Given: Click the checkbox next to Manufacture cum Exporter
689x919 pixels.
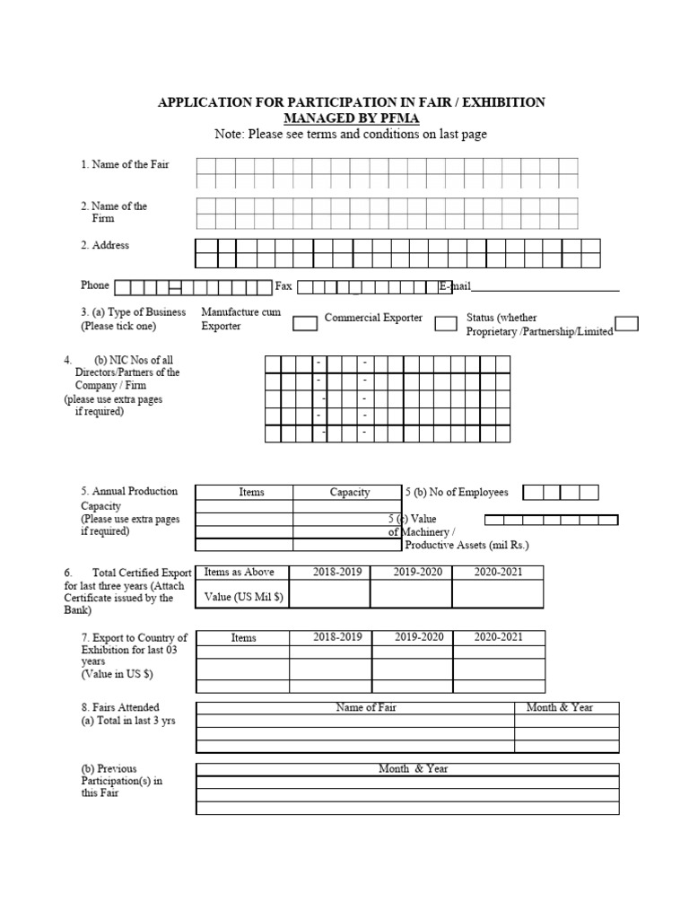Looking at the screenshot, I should click(305, 323).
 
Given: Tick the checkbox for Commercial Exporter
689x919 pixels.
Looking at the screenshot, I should click(446, 323).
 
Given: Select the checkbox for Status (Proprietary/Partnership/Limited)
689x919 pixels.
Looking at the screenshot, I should click(627, 323).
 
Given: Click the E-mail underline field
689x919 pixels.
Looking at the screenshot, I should click(545, 287).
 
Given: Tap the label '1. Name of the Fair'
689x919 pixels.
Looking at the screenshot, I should click(125, 165).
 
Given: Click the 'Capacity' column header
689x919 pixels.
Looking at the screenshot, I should click(350, 492).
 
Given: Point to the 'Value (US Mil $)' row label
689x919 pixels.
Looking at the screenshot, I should click(243, 598).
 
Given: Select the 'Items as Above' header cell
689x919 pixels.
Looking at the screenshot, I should click(240, 573).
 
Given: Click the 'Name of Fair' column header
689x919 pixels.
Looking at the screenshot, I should click(366, 707).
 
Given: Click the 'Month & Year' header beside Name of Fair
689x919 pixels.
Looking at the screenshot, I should click(560, 707).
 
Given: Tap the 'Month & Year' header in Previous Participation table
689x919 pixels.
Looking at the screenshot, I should click(413, 769).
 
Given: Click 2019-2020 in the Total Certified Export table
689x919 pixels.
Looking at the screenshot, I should click(419, 573).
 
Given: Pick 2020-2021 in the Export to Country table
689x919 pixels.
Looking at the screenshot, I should click(499, 637).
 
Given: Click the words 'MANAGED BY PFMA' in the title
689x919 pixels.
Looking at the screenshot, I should click(351, 118).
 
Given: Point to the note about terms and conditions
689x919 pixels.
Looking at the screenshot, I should click(351, 135).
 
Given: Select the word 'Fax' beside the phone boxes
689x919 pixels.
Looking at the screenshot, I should click(283, 286).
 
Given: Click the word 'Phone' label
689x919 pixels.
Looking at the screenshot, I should click(95, 285).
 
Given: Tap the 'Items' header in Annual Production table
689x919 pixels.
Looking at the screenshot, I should click(252, 492).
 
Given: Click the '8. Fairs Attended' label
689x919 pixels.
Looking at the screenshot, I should click(120, 708).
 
